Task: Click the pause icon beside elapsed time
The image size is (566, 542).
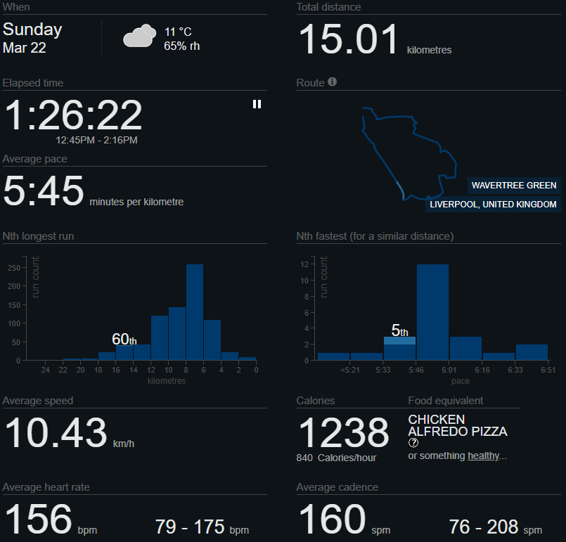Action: (x=257, y=104)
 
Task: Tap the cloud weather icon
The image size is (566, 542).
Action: (x=139, y=36)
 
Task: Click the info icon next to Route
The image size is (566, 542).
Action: (x=333, y=82)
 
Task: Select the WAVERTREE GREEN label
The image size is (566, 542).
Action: (x=514, y=186)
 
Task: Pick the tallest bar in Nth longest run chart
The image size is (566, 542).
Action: (x=194, y=312)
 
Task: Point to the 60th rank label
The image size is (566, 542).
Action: (x=124, y=340)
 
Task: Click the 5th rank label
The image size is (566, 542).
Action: (x=399, y=330)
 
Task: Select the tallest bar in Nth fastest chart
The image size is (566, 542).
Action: (x=432, y=312)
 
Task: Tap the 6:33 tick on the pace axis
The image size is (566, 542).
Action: (x=515, y=370)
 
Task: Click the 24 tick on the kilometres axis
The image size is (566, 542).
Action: (x=45, y=370)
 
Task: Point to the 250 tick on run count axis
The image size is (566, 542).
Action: (x=14, y=268)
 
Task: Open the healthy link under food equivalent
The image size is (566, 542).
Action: (x=483, y=456)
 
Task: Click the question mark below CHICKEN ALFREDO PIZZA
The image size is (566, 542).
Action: (x=413, y=443)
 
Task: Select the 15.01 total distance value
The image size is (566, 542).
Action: (x=349, y=39)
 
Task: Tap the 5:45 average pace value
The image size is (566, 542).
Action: (x=44, y=191)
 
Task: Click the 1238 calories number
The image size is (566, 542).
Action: (x=344, y=432)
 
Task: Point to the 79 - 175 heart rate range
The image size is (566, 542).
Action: (x=201, y=527)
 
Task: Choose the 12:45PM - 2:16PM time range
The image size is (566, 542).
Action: (x=96, y=140)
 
